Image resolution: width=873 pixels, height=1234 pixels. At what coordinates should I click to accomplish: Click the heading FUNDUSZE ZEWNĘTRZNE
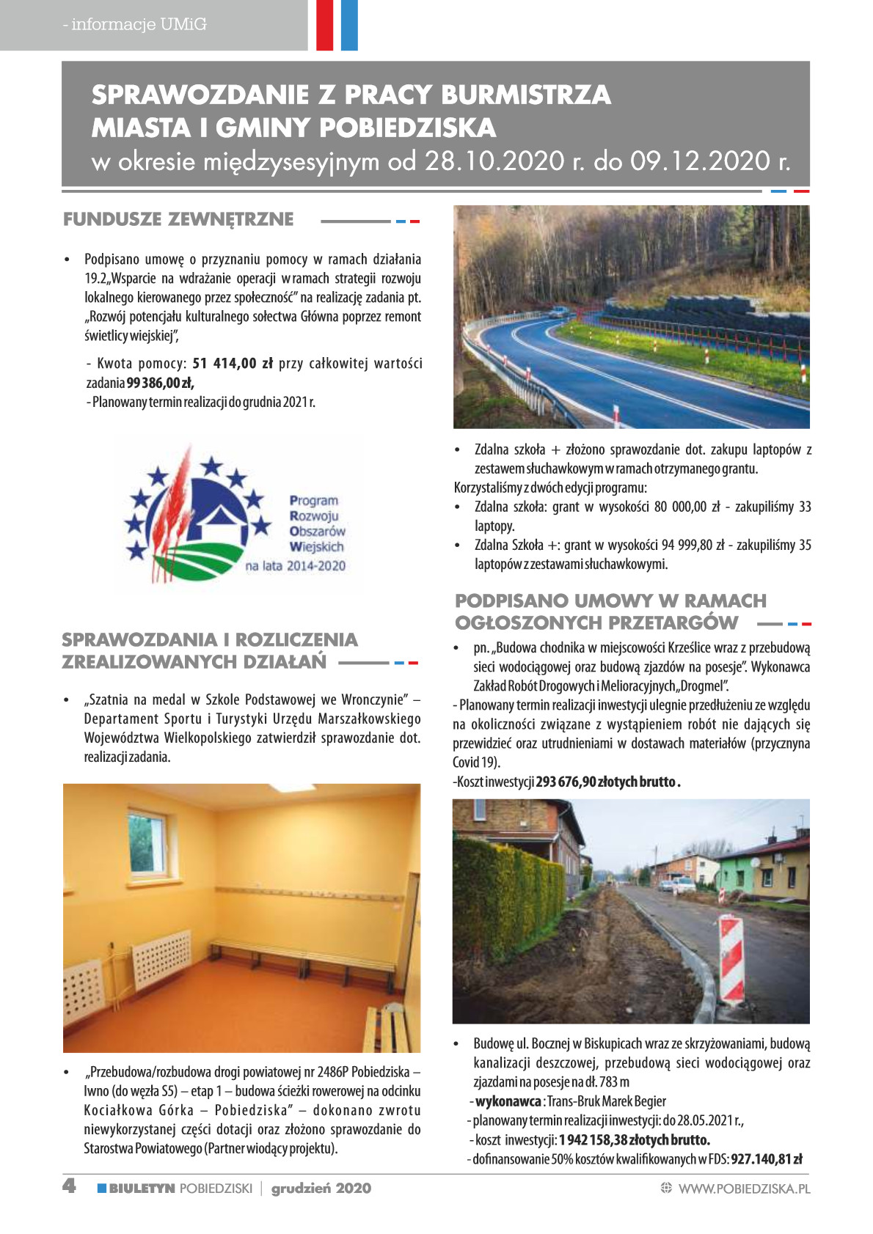[178, 219]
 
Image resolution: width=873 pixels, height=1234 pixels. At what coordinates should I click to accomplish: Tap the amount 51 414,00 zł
[232, 364]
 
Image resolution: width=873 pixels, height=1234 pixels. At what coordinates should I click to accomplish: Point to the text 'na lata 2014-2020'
[295, 566]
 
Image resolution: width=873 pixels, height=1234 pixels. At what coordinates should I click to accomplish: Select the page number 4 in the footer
[69, 1186]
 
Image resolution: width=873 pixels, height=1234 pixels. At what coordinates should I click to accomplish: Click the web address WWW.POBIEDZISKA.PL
[744, 1189]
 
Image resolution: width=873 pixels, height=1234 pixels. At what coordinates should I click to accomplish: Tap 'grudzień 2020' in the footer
[321, 1189]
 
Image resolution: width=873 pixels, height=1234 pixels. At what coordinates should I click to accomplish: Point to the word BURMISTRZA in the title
[525, 95]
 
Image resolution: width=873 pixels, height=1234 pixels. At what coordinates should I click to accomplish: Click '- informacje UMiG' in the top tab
[135, 24]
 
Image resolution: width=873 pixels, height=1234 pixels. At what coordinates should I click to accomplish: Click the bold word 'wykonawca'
[508, 1101]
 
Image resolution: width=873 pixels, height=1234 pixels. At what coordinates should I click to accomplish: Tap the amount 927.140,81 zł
[767, 1159]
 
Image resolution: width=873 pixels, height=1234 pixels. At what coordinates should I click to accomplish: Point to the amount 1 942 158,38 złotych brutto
[634, 1140]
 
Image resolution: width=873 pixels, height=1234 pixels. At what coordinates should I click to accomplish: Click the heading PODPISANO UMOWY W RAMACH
[610, 601]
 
